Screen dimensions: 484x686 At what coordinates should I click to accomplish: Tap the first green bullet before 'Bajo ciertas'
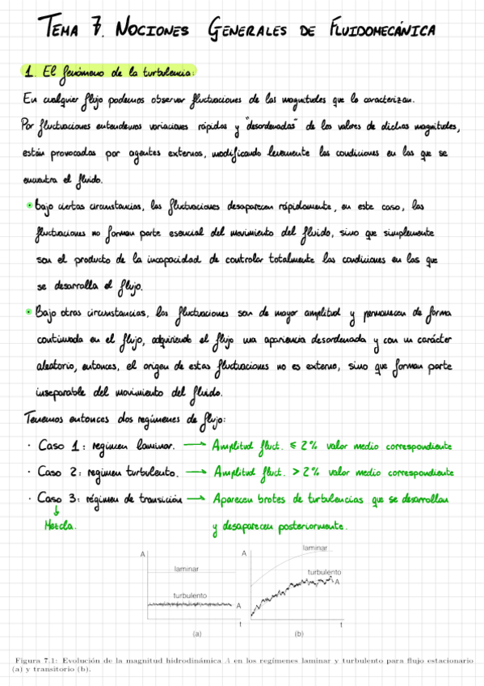tap(30, 206)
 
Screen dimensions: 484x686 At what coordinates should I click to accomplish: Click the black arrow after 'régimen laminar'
tap(195, 445)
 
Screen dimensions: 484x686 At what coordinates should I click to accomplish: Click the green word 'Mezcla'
tap(59, 526)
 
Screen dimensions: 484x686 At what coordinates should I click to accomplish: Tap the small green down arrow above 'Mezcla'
tap(57, 511)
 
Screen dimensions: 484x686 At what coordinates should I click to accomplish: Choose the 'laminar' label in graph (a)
tap(186, 569)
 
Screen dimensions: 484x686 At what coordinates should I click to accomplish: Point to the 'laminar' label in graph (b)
tap(314, 548)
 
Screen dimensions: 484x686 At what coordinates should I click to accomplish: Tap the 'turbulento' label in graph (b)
tap(324, 571)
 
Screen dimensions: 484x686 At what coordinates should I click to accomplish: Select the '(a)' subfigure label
tap(196, 633)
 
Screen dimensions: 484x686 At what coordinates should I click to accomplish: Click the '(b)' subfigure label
tap(298, 633)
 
